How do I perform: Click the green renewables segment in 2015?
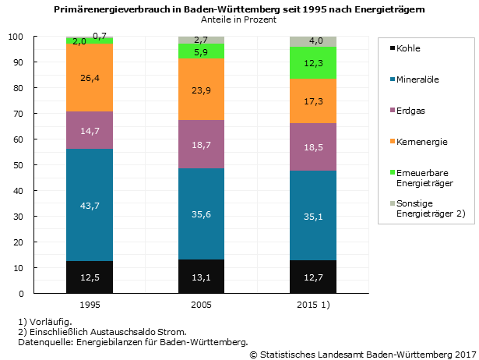(x=313, y=63)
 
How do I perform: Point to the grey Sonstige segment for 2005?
(x=202, y=40)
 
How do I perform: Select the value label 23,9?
(x=202, y=90)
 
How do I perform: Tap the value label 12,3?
(x=313, y=63)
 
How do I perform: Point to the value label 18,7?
(x=202, y=145)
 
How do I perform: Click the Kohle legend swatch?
(x=389, y=49)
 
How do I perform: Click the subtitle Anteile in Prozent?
(x=238, y=19)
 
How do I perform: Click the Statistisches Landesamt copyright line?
(x=362, y=355)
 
